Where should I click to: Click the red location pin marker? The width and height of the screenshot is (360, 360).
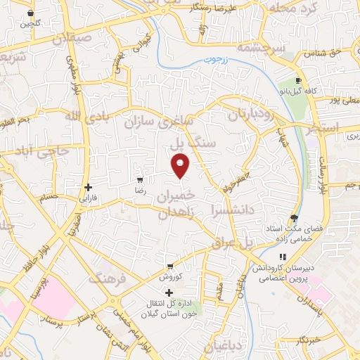click(x=181, y=166)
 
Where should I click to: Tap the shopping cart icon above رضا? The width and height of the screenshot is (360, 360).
click(x=141, y=179)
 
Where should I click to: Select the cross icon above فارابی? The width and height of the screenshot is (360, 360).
click(x=88, y=187)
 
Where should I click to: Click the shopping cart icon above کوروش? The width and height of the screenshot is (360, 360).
click(x=169, y=266)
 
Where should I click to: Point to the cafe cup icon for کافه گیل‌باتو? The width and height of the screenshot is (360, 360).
click(x=299, y=81)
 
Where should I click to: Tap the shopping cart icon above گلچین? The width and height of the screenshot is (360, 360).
click(x=30, y=13)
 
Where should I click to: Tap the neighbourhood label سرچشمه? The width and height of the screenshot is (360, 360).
click(x=260, y=48)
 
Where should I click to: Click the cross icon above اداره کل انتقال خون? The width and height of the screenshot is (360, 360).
click(x=169, y=292)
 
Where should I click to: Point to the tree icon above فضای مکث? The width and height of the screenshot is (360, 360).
click(x=294, y=218)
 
